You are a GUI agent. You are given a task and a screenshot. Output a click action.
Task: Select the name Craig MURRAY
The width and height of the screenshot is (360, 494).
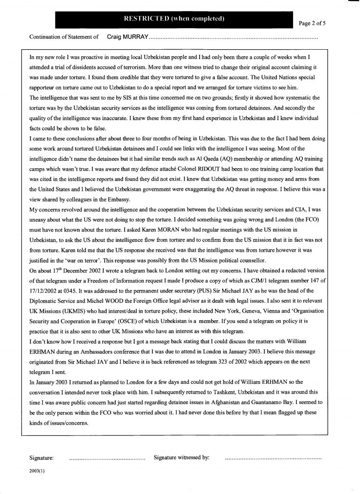point(127,36)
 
